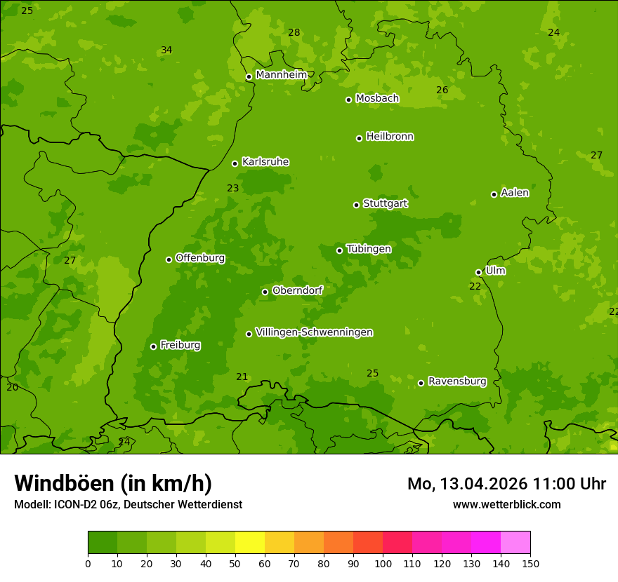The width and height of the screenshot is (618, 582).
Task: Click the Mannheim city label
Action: [281, 74]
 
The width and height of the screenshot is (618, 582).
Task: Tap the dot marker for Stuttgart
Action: [356, 205]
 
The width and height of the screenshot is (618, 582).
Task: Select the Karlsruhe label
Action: [265, 162]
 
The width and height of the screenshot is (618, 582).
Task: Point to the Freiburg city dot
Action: [153, 346]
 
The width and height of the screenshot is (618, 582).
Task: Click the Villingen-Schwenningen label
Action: [314, 332]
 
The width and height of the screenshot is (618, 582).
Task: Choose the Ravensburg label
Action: [456, 381]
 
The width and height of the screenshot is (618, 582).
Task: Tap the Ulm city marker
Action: [478, 272]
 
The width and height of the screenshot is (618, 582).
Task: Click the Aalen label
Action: [515, 193]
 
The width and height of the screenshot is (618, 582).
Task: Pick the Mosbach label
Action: [377, 99]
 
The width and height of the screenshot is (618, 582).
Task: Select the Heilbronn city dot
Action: [359, 138]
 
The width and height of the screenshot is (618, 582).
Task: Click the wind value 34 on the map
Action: [166, 50]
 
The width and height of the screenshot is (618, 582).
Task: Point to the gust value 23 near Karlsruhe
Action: [233, 188]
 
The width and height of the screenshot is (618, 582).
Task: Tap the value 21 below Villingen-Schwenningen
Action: [242, 377]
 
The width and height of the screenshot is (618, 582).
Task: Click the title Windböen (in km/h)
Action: [113, 483]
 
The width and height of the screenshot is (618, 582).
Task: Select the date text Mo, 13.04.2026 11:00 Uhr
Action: [506, 484]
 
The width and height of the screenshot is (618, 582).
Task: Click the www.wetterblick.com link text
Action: [506, 504]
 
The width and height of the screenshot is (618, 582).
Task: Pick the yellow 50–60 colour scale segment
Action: [250, 542]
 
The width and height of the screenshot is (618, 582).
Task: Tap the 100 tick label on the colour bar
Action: [383, 563]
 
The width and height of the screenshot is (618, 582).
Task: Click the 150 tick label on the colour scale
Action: [530, 563]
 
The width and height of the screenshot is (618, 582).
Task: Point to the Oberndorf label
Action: [297, 290]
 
